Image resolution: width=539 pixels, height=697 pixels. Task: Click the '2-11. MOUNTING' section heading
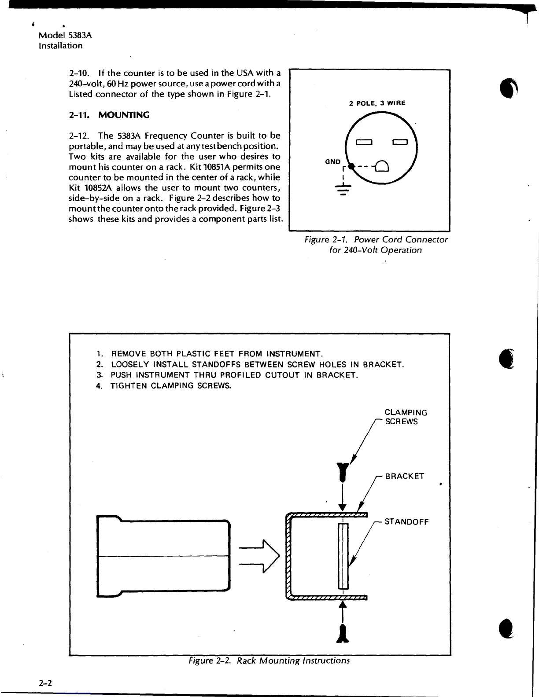109,115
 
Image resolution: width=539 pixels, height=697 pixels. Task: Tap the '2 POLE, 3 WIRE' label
377,103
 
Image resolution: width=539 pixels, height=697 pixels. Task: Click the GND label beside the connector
332,162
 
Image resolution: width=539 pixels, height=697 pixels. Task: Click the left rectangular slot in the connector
365,142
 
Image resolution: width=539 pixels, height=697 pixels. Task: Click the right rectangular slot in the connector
401,142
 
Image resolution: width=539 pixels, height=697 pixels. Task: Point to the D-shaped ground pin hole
382,166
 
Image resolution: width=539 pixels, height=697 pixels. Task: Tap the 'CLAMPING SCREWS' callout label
405,417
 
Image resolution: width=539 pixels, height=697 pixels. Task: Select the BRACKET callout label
404,476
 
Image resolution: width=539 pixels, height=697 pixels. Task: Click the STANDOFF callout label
406,522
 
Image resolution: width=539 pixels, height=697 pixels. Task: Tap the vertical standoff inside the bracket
343,556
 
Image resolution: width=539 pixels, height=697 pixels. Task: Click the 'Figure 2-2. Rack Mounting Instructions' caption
269,661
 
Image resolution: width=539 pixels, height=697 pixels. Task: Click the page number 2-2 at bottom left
45,683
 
